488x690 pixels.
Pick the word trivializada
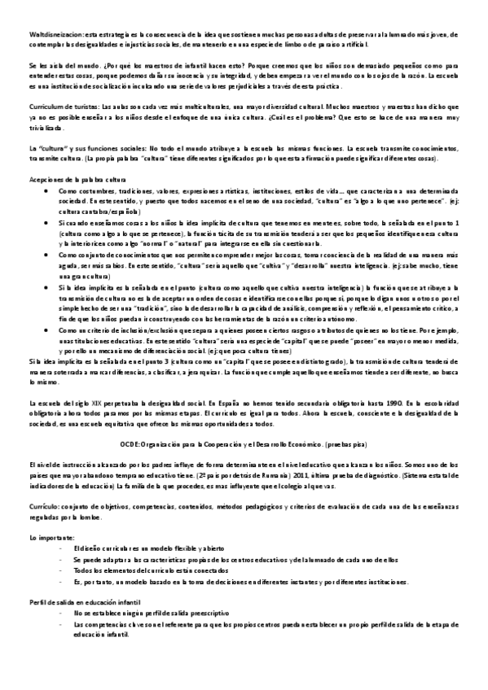[44, 128]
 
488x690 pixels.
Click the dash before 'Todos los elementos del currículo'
[63, 548]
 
